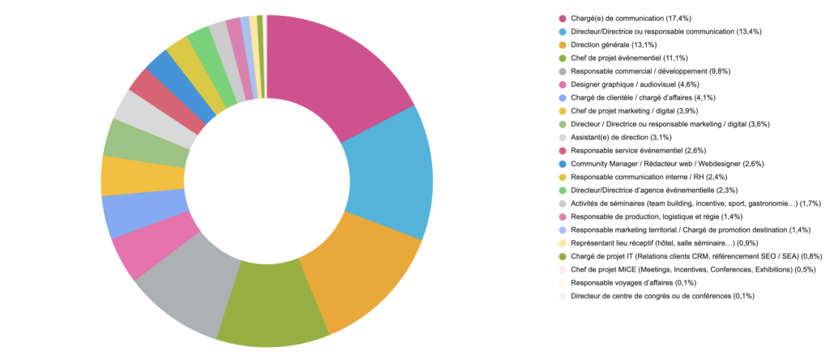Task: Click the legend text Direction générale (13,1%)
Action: tap(613, 45)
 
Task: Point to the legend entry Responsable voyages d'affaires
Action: tap(624, 283)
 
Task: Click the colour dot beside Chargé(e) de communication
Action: tap(563, 18)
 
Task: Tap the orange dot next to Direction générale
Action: tap(563, 45)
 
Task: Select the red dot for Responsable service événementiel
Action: tap(563, 151)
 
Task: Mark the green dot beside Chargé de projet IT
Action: tap(563, 256)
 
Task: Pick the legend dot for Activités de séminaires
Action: tap(563, 204)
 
